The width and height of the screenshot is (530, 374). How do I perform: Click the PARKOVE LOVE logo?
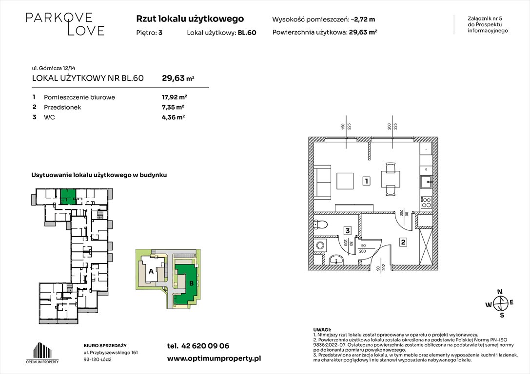point(65,24)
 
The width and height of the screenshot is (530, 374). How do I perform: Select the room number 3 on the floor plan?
point(347,231)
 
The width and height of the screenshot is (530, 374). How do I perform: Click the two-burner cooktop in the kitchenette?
point(426,201)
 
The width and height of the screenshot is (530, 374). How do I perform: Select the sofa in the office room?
point(323,182)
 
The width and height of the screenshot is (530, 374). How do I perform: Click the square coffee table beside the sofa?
point(347,182)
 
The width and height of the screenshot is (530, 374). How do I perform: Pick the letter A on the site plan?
point(151,271)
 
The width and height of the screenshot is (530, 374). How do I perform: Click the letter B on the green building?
point(191,283)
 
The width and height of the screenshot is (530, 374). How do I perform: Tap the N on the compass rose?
point(499,292)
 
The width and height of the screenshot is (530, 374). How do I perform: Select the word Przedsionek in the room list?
point(62,107)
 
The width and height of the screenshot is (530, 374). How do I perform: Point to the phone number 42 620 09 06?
point(205,346)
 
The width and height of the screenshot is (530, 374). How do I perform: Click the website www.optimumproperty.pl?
point(214,358)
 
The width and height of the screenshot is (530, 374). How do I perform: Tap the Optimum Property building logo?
point(42,352)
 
